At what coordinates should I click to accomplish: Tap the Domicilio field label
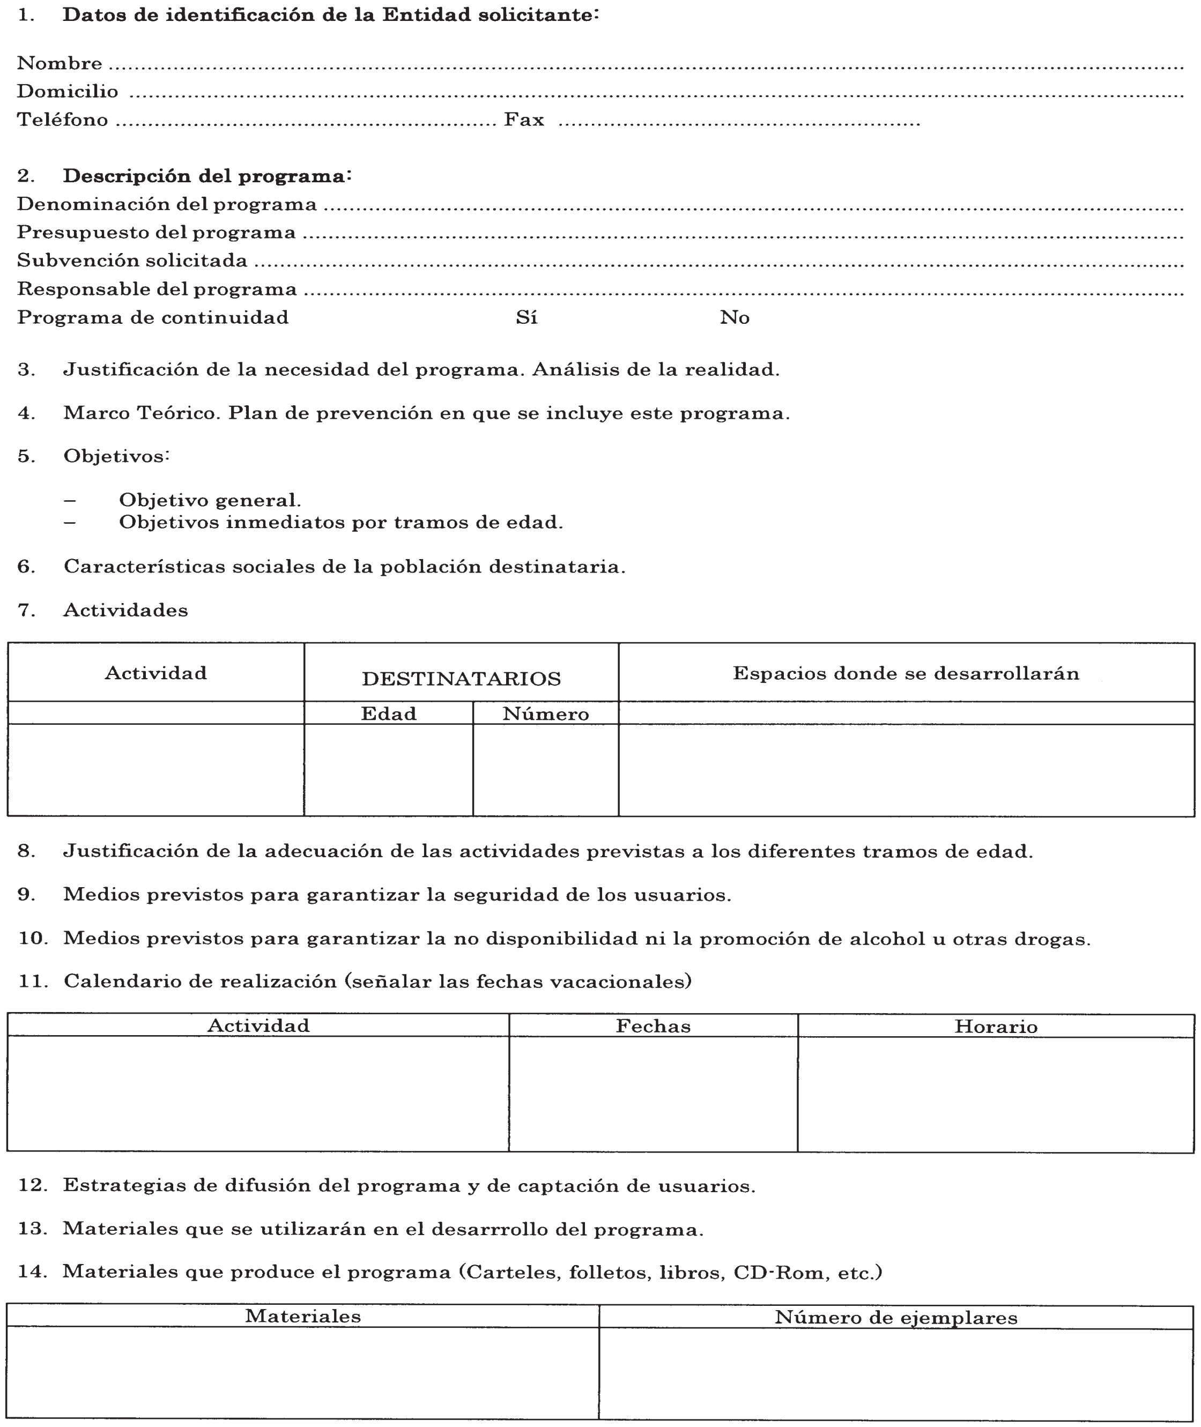click(x=68, y=91)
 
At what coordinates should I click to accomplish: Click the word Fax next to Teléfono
click(x=524, y=120)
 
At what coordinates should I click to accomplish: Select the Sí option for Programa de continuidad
click(x=527, y=318)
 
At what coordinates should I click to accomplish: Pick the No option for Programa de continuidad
click(x=735, y=318)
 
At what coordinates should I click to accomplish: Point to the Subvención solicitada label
click(x=132, y=261)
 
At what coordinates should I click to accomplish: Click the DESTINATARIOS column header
click(x=461, y=679)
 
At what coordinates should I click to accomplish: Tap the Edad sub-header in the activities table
click(x=388, y=713)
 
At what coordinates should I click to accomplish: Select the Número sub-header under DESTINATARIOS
click(x=545, y=713)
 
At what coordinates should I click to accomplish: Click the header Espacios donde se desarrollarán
click(x=906, y=673)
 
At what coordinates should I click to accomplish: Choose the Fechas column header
click(x=653, y=1026)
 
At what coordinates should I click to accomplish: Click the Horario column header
click(x=996, y=1026)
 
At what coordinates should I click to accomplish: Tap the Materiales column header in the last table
click(x=303, y=1316)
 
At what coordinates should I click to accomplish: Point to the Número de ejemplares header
click(x=896, y=1318)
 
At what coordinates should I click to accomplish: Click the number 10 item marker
click(x=33, y=939)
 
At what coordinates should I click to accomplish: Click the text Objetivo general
click(x=210, y=500)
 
